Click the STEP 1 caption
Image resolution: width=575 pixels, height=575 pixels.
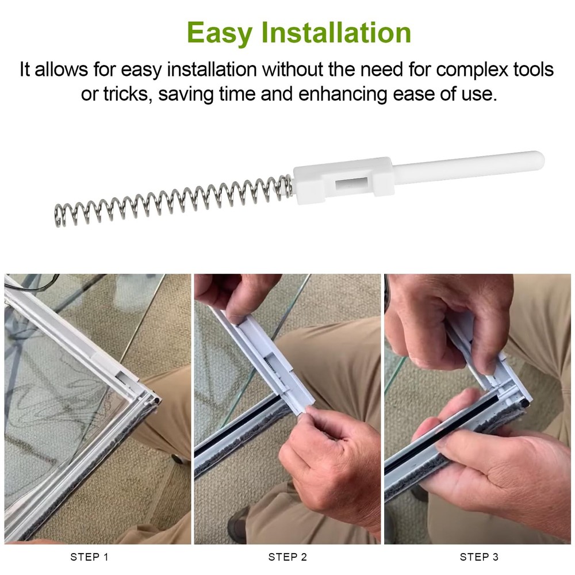point(89,557)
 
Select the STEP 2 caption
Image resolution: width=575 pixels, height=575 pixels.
point(287,557)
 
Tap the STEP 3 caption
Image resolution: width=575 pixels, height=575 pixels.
point(479,557)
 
